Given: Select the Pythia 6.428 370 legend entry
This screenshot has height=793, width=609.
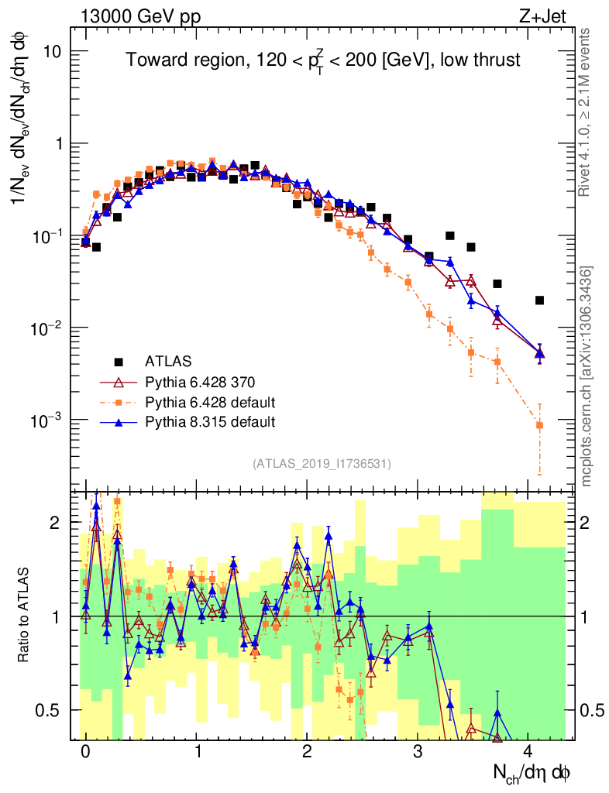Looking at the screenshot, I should click(200, 382).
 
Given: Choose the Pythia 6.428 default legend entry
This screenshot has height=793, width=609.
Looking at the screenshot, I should click(210, 402).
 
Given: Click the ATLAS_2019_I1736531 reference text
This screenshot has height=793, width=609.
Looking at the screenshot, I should click(322, 464).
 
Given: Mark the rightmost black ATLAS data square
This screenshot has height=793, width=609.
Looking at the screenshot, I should click(539, 300).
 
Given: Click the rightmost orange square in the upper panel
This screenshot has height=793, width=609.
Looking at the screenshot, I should click(539, 425).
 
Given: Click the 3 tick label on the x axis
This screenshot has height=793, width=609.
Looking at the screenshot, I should click(418, 753).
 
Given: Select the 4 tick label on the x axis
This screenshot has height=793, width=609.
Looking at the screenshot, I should click(528, 753).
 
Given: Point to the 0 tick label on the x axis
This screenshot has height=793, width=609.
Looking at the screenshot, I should click(85, 753).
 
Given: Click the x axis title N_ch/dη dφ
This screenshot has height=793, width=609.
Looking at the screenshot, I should click(532, 772).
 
